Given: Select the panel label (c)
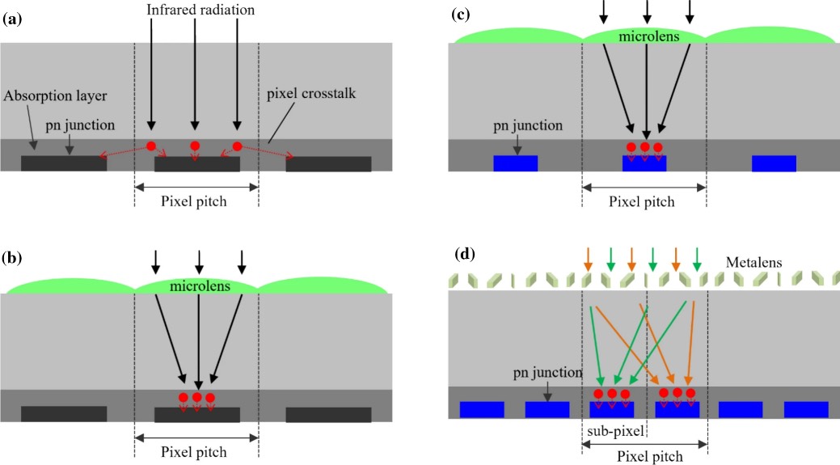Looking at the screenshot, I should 464,17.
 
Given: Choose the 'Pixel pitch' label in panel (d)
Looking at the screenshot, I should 646,457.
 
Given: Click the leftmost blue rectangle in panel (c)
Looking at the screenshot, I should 515,163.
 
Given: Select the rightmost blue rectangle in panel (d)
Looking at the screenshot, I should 806,409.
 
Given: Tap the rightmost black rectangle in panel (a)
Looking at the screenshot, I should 328,164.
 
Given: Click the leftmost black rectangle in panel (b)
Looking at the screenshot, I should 64,414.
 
